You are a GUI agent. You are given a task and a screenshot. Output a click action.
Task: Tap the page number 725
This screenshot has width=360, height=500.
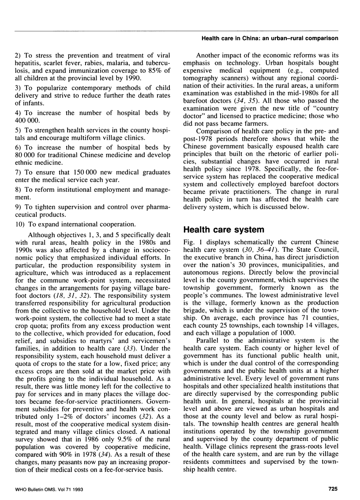coord(330,488)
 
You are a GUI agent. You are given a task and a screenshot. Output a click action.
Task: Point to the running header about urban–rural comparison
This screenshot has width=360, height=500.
coord(270,38)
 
